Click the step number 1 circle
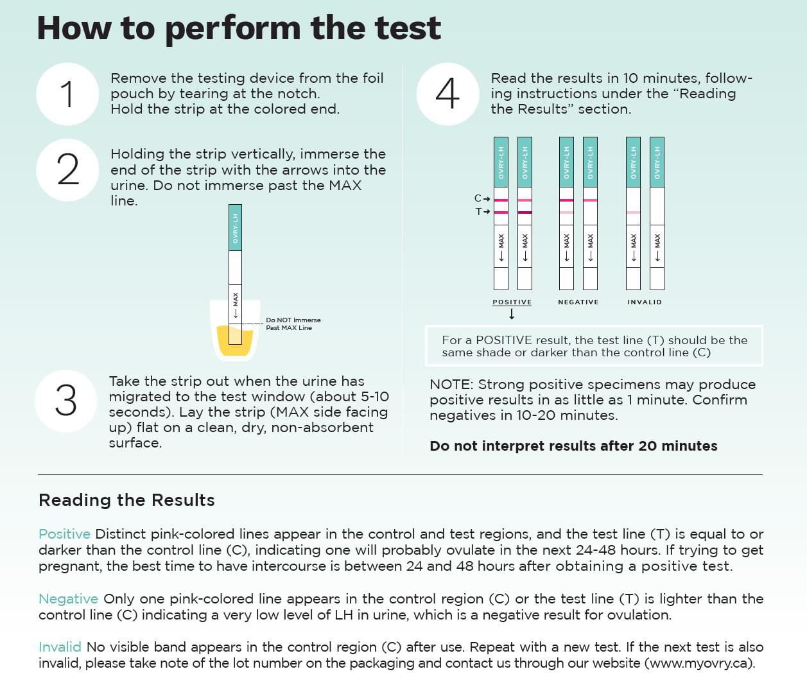click(67, 94)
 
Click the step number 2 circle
click(67, 169)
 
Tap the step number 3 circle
click(65, 401)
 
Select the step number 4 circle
click(447, 94)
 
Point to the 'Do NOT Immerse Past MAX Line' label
click(293, 324)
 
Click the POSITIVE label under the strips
click(512, 302)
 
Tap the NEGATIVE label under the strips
click(578, 302)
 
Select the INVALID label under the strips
click(644, 302)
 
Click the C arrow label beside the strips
click(482, 199)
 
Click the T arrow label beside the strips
click(482, 211)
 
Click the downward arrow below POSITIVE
click(512, 314)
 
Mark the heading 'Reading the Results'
click(126, 500)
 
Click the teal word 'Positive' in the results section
click(64, 534)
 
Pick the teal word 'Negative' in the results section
click(68, 599)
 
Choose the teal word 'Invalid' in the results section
click(60, 647)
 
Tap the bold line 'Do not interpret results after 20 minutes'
click(573, 446)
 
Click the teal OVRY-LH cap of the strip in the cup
click(235, 227)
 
